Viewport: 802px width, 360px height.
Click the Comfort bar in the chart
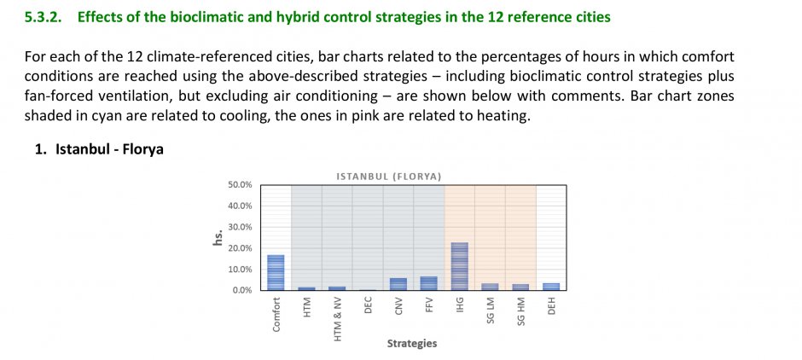click(x=276, y=272)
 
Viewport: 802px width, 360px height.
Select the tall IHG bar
click(x=459, y=266)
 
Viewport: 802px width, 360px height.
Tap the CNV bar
click(x=398, y=284)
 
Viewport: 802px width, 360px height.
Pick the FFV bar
click(x=428, y=283)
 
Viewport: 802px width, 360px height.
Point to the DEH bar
click(x=551, y=287)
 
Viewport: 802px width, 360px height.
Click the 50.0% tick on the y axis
click(x=240, y=185)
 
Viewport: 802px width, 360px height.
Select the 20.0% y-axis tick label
click(x=240, y=248)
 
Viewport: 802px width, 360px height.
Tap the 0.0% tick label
click(x=242, y=290)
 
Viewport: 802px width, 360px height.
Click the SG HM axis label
click(x=520, y=311)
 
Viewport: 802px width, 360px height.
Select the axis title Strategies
click(x=412, y=344)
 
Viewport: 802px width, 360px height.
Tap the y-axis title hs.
click(x=218, y=238)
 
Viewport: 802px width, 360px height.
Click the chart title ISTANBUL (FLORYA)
click(x=389, y=177)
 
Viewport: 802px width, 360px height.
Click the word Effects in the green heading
click(x=99, y=17)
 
